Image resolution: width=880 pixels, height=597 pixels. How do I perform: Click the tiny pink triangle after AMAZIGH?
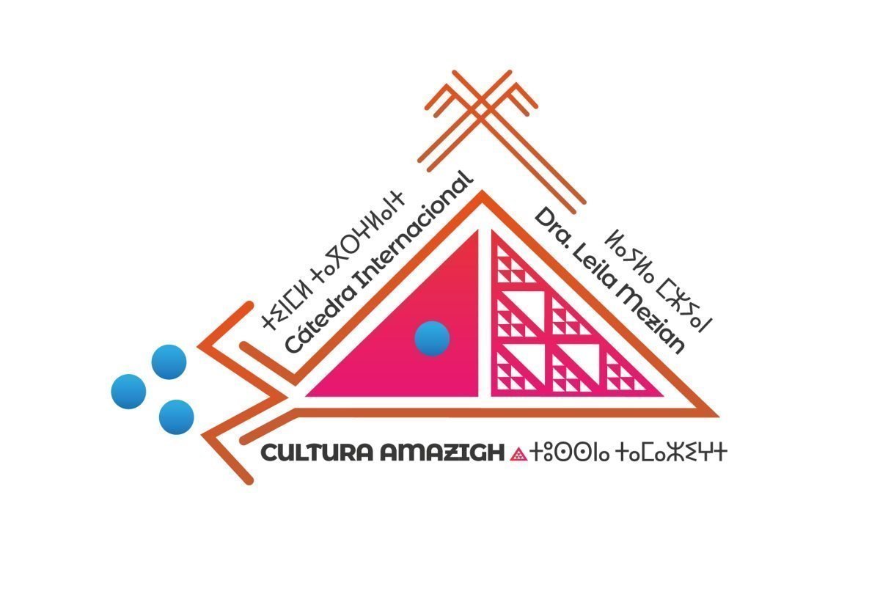point(518,455)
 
